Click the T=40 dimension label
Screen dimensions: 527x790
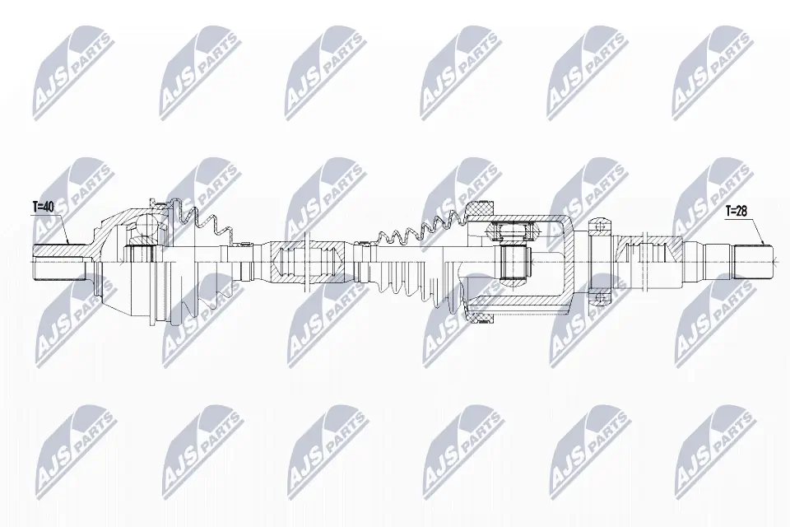point(43,208)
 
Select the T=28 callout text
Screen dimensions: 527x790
point(737,212)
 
